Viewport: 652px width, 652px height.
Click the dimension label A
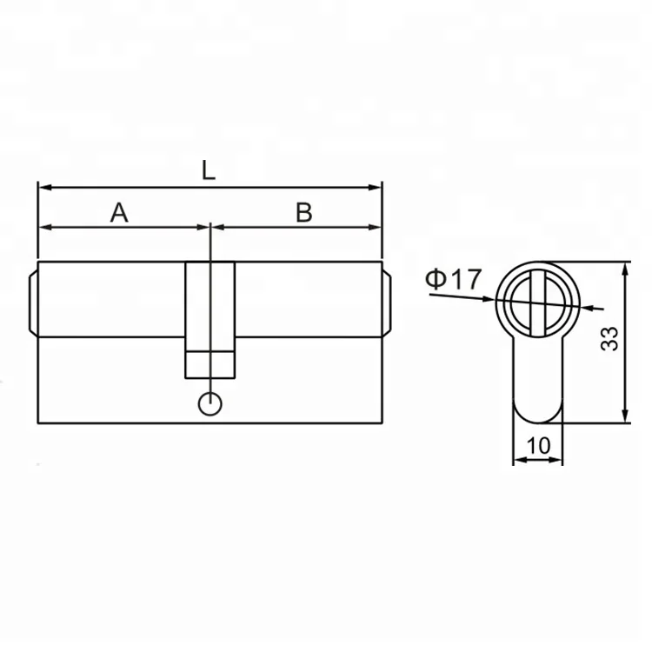(119, 213)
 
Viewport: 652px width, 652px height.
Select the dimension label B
(303, 213)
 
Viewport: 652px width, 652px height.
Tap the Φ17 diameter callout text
(453, 279)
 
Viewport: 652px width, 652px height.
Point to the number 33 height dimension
(610, 339)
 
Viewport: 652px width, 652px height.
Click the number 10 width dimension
(538, 445)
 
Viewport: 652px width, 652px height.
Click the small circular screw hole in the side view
(210, 404)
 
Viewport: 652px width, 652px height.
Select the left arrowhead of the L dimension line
(43, 187)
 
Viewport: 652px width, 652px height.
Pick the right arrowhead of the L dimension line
(376, 187)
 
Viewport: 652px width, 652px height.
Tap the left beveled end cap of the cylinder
(33, 300)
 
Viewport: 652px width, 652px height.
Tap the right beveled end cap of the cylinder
(387, 300)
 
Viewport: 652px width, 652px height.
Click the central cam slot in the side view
(210, 304)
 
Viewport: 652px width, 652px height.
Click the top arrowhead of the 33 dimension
(626, 268)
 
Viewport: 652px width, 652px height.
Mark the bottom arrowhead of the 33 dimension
(626, 418)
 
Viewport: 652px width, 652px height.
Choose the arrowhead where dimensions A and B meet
(210, 228)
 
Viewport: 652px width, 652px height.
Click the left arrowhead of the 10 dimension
(518, 460)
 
